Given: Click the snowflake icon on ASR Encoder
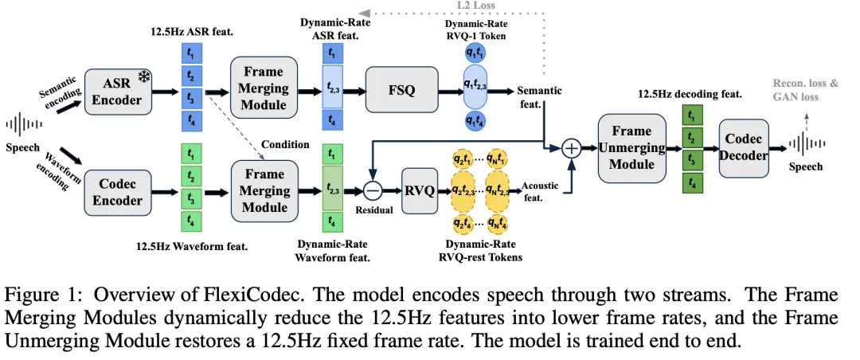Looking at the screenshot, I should (x=144, y=77).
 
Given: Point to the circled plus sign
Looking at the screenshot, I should (x=570, y=148).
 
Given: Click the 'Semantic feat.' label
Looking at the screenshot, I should (x=539, y=96).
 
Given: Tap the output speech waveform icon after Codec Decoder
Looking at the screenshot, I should (x=806, y=144).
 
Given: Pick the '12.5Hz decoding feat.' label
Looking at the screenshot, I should (x=690, y=94).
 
